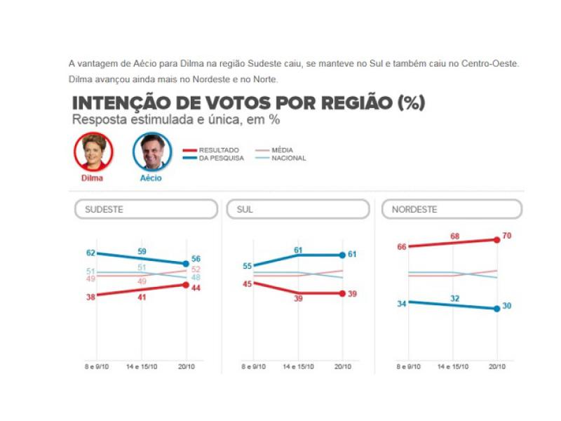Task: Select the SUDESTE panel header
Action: point(146,209)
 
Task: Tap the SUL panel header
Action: point(297,209)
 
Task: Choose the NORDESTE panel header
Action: point(452,209)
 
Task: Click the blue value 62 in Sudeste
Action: point(90,252)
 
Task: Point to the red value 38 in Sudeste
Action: point(90,296)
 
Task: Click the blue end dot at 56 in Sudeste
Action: point(187,264)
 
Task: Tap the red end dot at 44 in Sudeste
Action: point(187,284)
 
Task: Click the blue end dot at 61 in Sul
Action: point(343,255)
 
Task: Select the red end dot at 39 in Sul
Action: point(343,293)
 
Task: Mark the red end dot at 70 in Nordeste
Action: point(497,239)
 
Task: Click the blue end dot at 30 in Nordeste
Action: point(497,308)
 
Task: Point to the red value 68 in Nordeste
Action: point(454,236)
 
